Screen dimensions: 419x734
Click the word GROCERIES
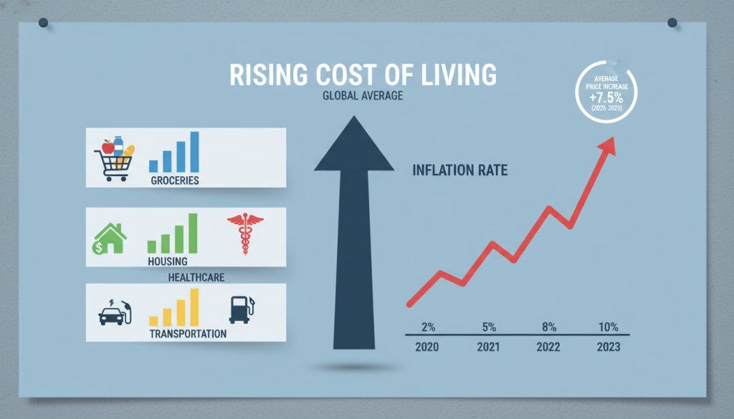[x=175, y=180]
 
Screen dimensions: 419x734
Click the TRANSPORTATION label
[x=188, y=334]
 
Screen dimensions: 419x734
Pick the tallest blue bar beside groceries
[x=194, y=151]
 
